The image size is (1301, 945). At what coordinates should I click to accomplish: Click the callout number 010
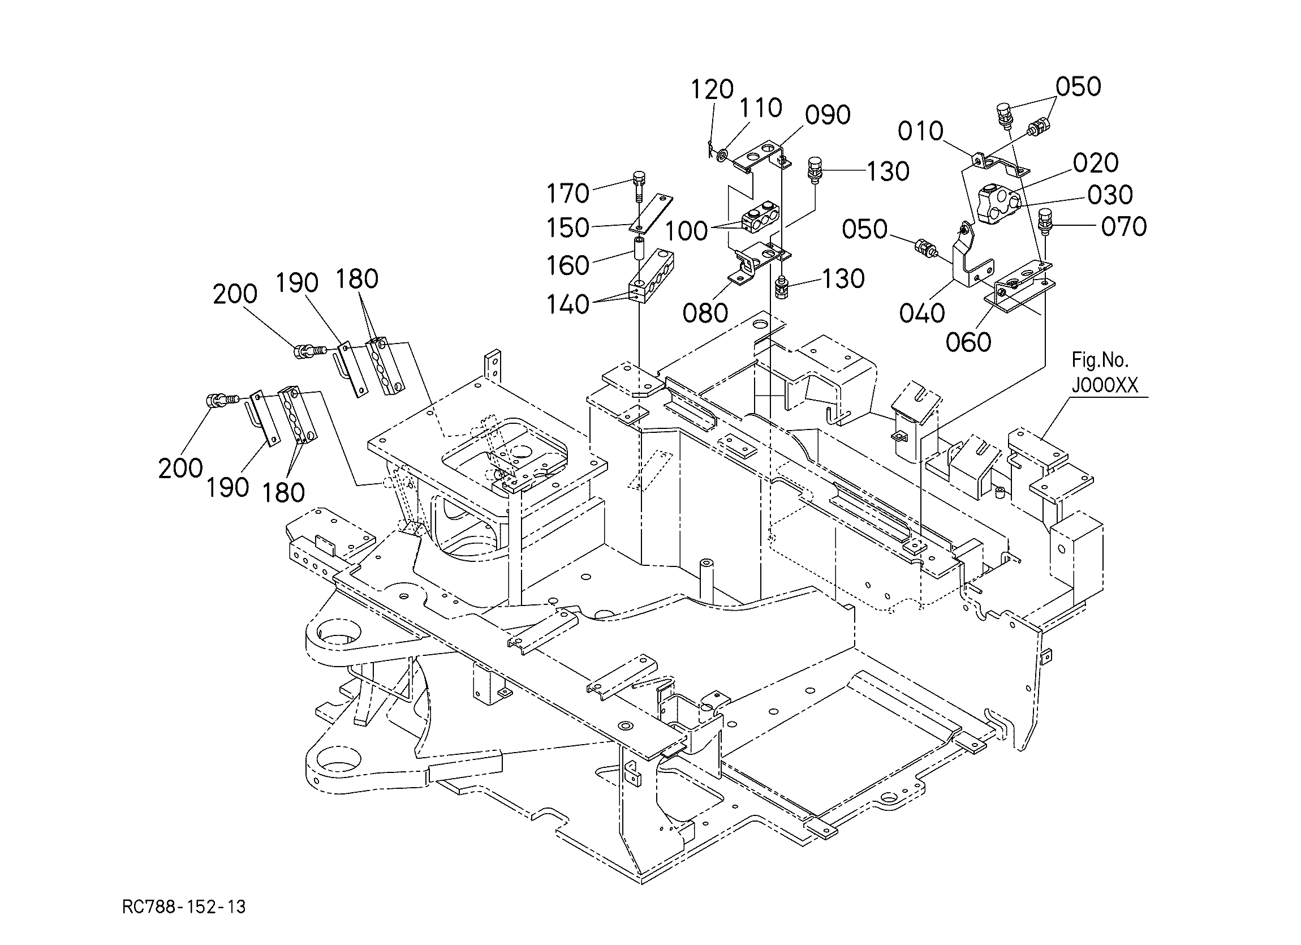click(x=921, y=131)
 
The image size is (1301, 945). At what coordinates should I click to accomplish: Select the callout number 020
click(x=1096, y=163)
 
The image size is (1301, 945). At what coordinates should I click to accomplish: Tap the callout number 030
click(x=1110, y=195)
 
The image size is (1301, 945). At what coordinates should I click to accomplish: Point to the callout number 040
click(x=922, y=313)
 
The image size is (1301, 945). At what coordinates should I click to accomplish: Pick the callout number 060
click(x=968, y=342)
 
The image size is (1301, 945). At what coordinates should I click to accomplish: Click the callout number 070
click(x=1124, y=227)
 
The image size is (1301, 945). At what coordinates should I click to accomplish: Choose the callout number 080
click(x=705, y=313)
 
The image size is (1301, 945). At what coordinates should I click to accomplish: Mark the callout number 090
click(x=827, y=115)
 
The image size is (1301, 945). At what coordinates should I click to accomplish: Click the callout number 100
click(x=687, y=231)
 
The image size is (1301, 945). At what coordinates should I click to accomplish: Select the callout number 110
click(x=761, y=108)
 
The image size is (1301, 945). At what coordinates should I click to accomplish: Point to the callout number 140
click(x=568, y=304)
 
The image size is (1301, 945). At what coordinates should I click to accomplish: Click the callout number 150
click(x=568, y=228)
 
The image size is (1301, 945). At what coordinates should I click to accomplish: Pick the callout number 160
click(x=568, y=265)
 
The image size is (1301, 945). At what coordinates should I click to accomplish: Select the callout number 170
click(x=568, y=194)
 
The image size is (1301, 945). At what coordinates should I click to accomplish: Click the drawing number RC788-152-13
click(x=184, y=907)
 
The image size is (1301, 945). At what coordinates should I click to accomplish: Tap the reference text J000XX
click(x=1105, y=385)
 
